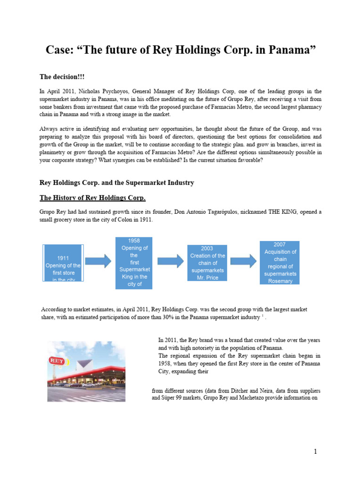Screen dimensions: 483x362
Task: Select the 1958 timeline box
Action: coord(134,263)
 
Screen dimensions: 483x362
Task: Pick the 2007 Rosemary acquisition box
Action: coord(280,263)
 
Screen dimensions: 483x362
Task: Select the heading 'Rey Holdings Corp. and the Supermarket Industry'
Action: coord(116,182)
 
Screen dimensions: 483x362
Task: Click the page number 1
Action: coord(316,452)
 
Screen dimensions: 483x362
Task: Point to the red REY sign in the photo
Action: coord(58,361)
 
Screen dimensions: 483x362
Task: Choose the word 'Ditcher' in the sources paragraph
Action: coord(228,391)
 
